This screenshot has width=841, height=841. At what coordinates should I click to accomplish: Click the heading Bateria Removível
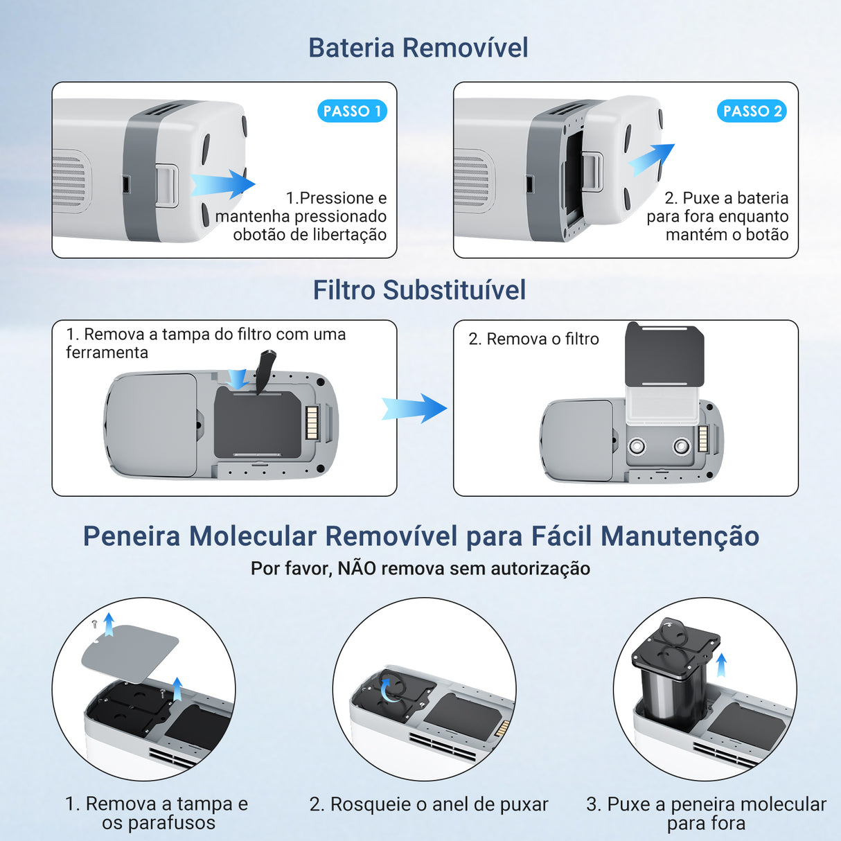coord(418,48)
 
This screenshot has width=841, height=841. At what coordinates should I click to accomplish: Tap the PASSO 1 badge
coord(352,111)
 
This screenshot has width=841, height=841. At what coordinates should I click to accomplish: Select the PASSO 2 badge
coord(752,111)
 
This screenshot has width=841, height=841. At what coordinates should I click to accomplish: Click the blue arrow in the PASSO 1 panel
coord(223,184)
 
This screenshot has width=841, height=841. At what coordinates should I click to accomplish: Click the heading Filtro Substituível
coord(419,290)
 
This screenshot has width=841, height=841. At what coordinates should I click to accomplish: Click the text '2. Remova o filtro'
coord(533,339)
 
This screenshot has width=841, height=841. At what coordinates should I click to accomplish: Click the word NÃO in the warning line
coord(356,568)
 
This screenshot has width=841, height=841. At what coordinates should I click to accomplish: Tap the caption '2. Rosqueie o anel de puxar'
coord(429,804)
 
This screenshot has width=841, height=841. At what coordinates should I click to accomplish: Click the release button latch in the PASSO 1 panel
coord(167,185)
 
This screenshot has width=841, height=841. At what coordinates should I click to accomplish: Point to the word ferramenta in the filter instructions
coord(107,353)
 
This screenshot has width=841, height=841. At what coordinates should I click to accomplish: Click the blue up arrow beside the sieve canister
coord(721,664)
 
